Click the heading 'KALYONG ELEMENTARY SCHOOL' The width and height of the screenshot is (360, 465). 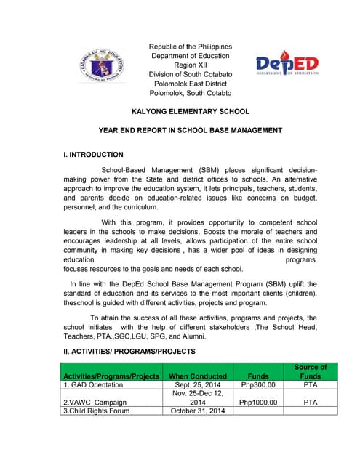coord(190,112)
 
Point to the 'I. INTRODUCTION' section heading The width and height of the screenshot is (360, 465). coord(94,155)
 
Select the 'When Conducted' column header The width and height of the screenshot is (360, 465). coord(198,376)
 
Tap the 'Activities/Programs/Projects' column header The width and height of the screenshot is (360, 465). coord(111,376)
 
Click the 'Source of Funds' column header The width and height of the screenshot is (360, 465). coord(311,371)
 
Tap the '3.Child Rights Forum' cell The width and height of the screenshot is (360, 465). coord(97,411)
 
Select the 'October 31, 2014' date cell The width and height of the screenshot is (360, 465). coord(198,411)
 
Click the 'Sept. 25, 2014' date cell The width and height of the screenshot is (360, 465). coord(198,386)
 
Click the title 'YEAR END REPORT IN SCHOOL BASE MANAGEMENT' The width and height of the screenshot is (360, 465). coord(190,131)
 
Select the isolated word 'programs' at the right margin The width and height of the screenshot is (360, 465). coord(301,259)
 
